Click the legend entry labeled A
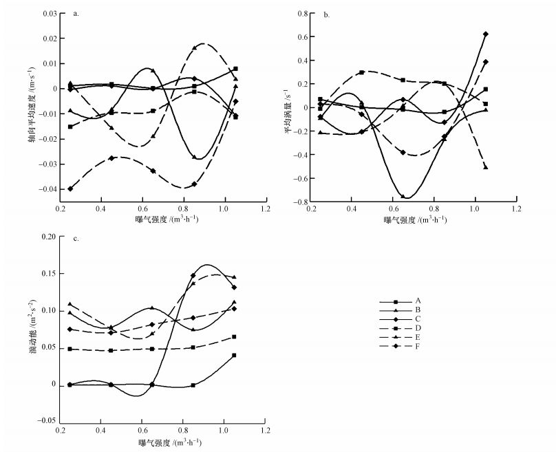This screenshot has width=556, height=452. [x=418, y=301]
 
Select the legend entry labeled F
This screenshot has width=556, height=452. [x=418, y=346]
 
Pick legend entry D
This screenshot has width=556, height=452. [x=418, y=328]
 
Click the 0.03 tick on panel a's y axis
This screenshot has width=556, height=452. [x=48, y=14]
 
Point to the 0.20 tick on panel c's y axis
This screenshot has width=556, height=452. [x=48, y=237]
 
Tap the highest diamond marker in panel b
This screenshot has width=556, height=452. [x=486, y=34]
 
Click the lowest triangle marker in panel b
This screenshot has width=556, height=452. [x=486, y=167]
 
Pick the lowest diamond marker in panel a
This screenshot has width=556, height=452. [x=70, y=189]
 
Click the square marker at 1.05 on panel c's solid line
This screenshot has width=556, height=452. [x=234, y=355]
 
